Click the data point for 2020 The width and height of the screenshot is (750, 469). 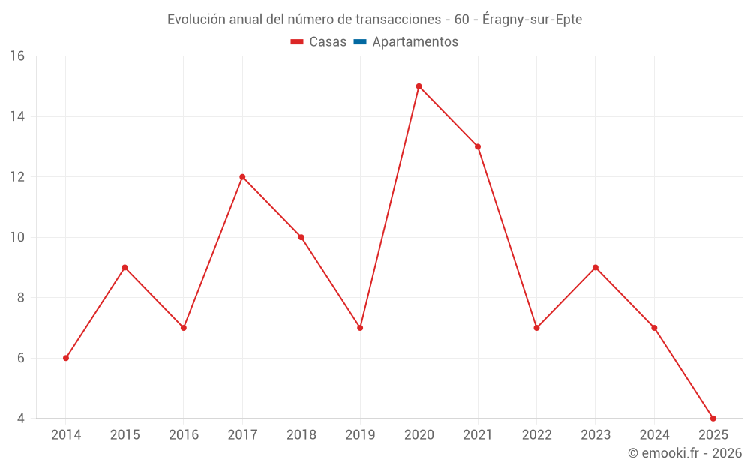coord(418,86)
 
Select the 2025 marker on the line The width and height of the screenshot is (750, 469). coord(712,418)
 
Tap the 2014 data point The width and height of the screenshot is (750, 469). coord(66,358)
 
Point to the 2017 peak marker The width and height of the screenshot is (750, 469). coord(242,177)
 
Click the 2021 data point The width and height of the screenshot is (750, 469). coord(478,146)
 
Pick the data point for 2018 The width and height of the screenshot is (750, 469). coord(301,237)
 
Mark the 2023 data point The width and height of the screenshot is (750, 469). coord(595,267)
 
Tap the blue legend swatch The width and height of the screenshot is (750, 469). coord(360,42)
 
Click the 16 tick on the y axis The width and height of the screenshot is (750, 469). coord(17,56)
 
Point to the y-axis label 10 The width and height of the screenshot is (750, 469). coord(17,237)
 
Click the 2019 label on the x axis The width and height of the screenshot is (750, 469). coord(360,435)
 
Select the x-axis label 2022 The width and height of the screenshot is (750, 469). coord(536,435)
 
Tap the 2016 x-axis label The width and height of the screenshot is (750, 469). coord(184,435)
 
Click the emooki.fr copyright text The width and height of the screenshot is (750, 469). coord(685,453)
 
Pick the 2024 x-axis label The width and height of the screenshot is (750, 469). coord(654,435)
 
